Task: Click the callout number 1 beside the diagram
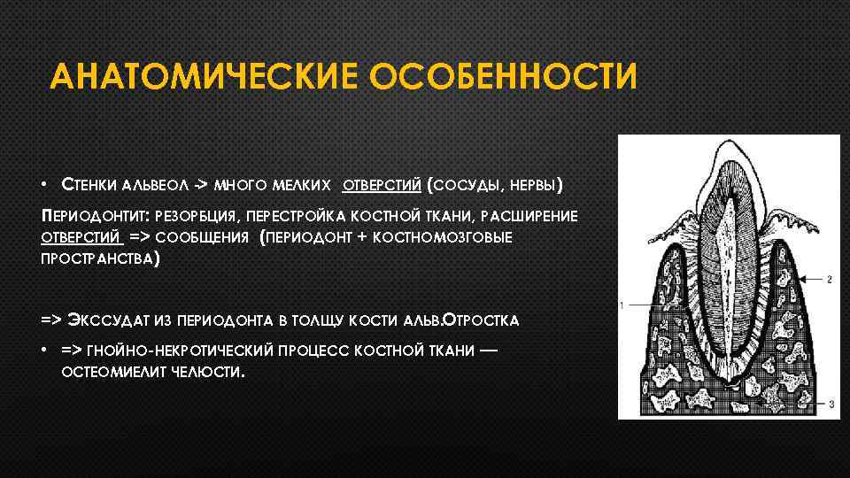(x=622, y=305)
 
